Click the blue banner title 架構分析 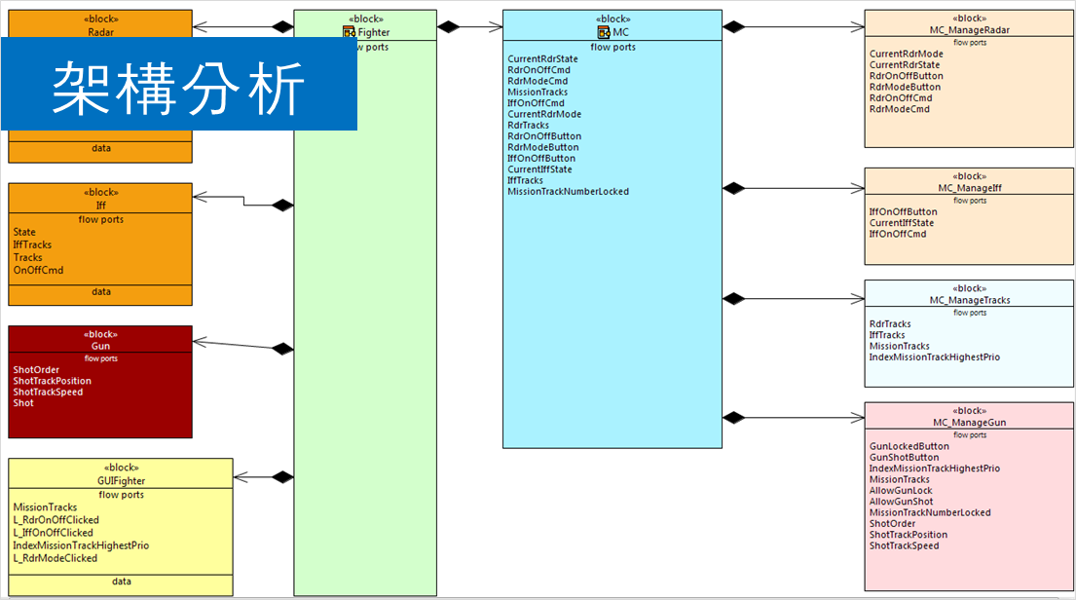(x=179, y=86)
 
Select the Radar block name (x=100, y=31)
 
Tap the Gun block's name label (x=100, y=346)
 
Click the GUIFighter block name (x=122, y=481)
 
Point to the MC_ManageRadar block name (x=970, y=30)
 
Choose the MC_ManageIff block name (x=970, y=188)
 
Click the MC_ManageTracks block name (x=970, y=300)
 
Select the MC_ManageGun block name (x=970, y=423)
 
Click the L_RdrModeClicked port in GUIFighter (x=56, y=558)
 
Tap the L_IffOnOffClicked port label (x=54, y=533)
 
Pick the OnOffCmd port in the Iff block (x=39, y=270)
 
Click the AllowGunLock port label (x=901, y=490)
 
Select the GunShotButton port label (x=905, y=457)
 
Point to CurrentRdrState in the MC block (x=542, y=59)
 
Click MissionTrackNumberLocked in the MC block (x=568, y=192)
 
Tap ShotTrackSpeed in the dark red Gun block (x=48, y=392)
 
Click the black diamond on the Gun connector (x=282, y=348)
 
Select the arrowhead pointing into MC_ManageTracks (x=857, y=299)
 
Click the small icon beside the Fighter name (x=349, y=32)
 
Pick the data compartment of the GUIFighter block (x=122, y=581)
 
